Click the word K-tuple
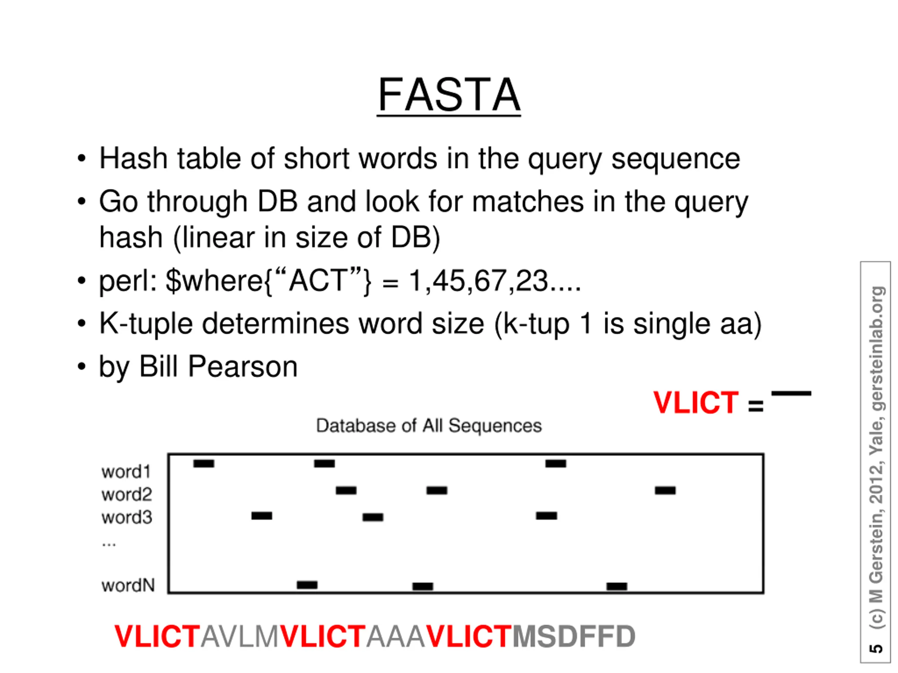click(145, 324)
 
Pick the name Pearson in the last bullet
click(243, 367)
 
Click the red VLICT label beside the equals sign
click(695, 403)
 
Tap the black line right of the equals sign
click(791, 393)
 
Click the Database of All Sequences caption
click(429, 426)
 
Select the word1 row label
click(126, 472)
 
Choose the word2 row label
click(127, 495)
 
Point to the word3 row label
click(127, 517)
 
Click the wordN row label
click(128, 585)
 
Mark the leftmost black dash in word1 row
click(204, 463)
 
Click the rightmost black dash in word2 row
click(665, 490)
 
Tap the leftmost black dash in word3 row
click(262, 516)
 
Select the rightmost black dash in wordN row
click(617, 586)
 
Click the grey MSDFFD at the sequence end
click(574, 636)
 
